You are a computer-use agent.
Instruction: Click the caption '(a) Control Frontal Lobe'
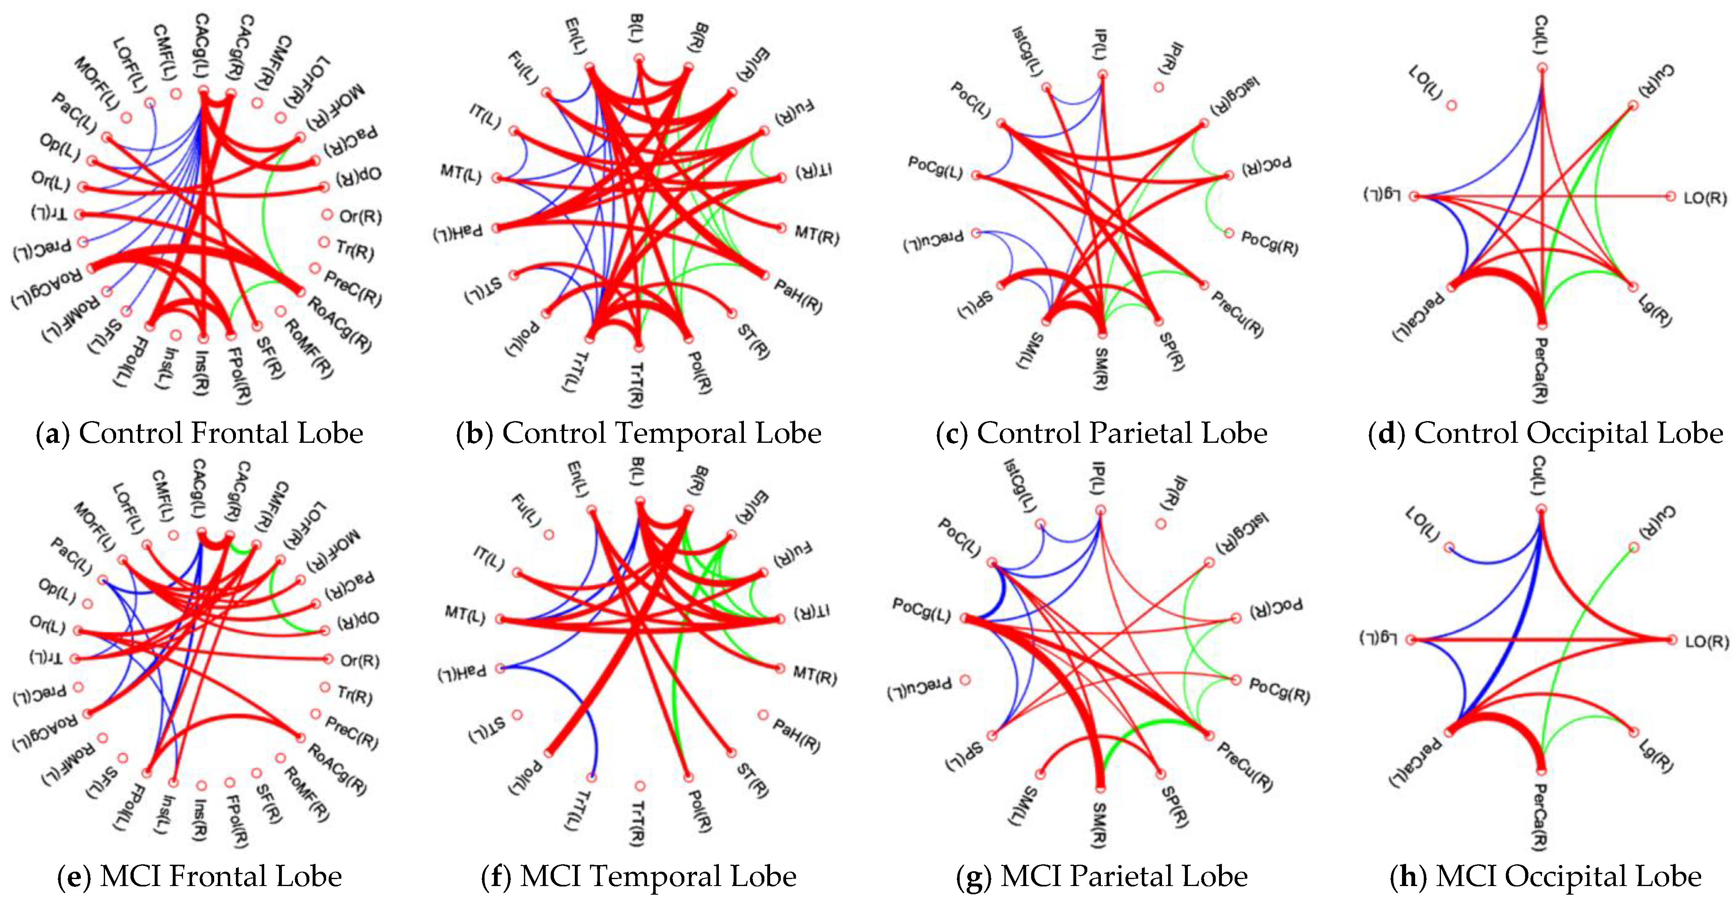coord(199,433)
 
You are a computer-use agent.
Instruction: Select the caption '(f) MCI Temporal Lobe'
coord(639,876)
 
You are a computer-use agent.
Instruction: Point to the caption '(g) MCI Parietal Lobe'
coord(1102,876)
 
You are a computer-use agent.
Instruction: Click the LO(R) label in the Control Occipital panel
coord(1705,198)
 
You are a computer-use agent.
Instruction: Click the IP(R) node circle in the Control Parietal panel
coord(1158,87)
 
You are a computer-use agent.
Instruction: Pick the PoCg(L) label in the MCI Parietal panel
coord(921,610)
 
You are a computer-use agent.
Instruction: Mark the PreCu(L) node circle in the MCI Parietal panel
coord(965,680)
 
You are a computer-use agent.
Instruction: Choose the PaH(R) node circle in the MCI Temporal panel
coord(763,715)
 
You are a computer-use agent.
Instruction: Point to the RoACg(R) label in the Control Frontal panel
coord(339,324)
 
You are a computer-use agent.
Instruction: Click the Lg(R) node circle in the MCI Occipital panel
coord(1633,731)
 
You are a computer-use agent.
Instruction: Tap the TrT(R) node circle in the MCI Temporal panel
coord(640,786)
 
